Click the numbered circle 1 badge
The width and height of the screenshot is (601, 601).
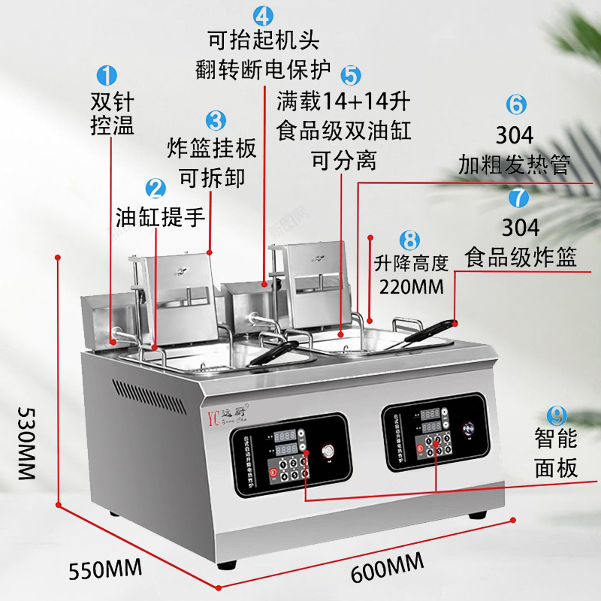pyautogui.click(x=108, y=75)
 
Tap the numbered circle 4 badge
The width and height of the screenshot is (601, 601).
pyautogui.click(x=262, y=15)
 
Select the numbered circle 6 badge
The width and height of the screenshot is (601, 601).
pyautogui.click(x=515, y=104)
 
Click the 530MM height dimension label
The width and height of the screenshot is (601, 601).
pyautogui.click(x=26, y=443)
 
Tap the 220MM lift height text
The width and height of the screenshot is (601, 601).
pyautogui.click(x=412, y=286)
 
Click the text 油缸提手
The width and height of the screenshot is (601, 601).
pyautogui.click(x=161, y=218)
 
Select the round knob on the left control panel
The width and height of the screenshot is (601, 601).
pyautogui.click(x=328, y=452)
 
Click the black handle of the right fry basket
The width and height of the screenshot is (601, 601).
pyautogui.click(x=433, y=331)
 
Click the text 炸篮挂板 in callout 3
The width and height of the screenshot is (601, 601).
pyautogui.click(x=213, y=147)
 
